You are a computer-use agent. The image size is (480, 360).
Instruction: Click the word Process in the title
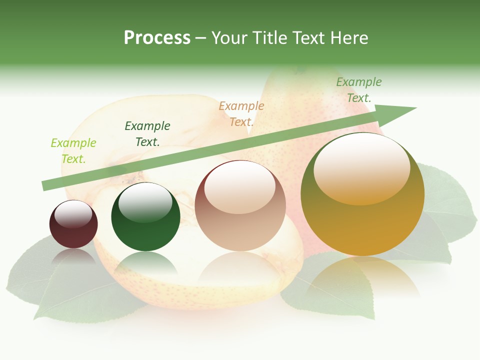click(157, 38)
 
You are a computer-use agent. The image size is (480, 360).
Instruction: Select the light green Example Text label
click(73, 151)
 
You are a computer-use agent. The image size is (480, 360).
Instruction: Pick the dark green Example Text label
click(147, 134)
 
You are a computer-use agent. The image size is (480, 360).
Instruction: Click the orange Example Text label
click(241, 114)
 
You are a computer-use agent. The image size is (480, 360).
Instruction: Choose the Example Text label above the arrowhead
click(359, 90)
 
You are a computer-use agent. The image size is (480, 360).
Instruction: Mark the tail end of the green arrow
click(46, 185)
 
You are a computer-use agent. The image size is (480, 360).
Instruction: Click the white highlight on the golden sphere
click(362, 167)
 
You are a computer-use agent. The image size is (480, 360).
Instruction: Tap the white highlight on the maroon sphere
click(73, 214)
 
